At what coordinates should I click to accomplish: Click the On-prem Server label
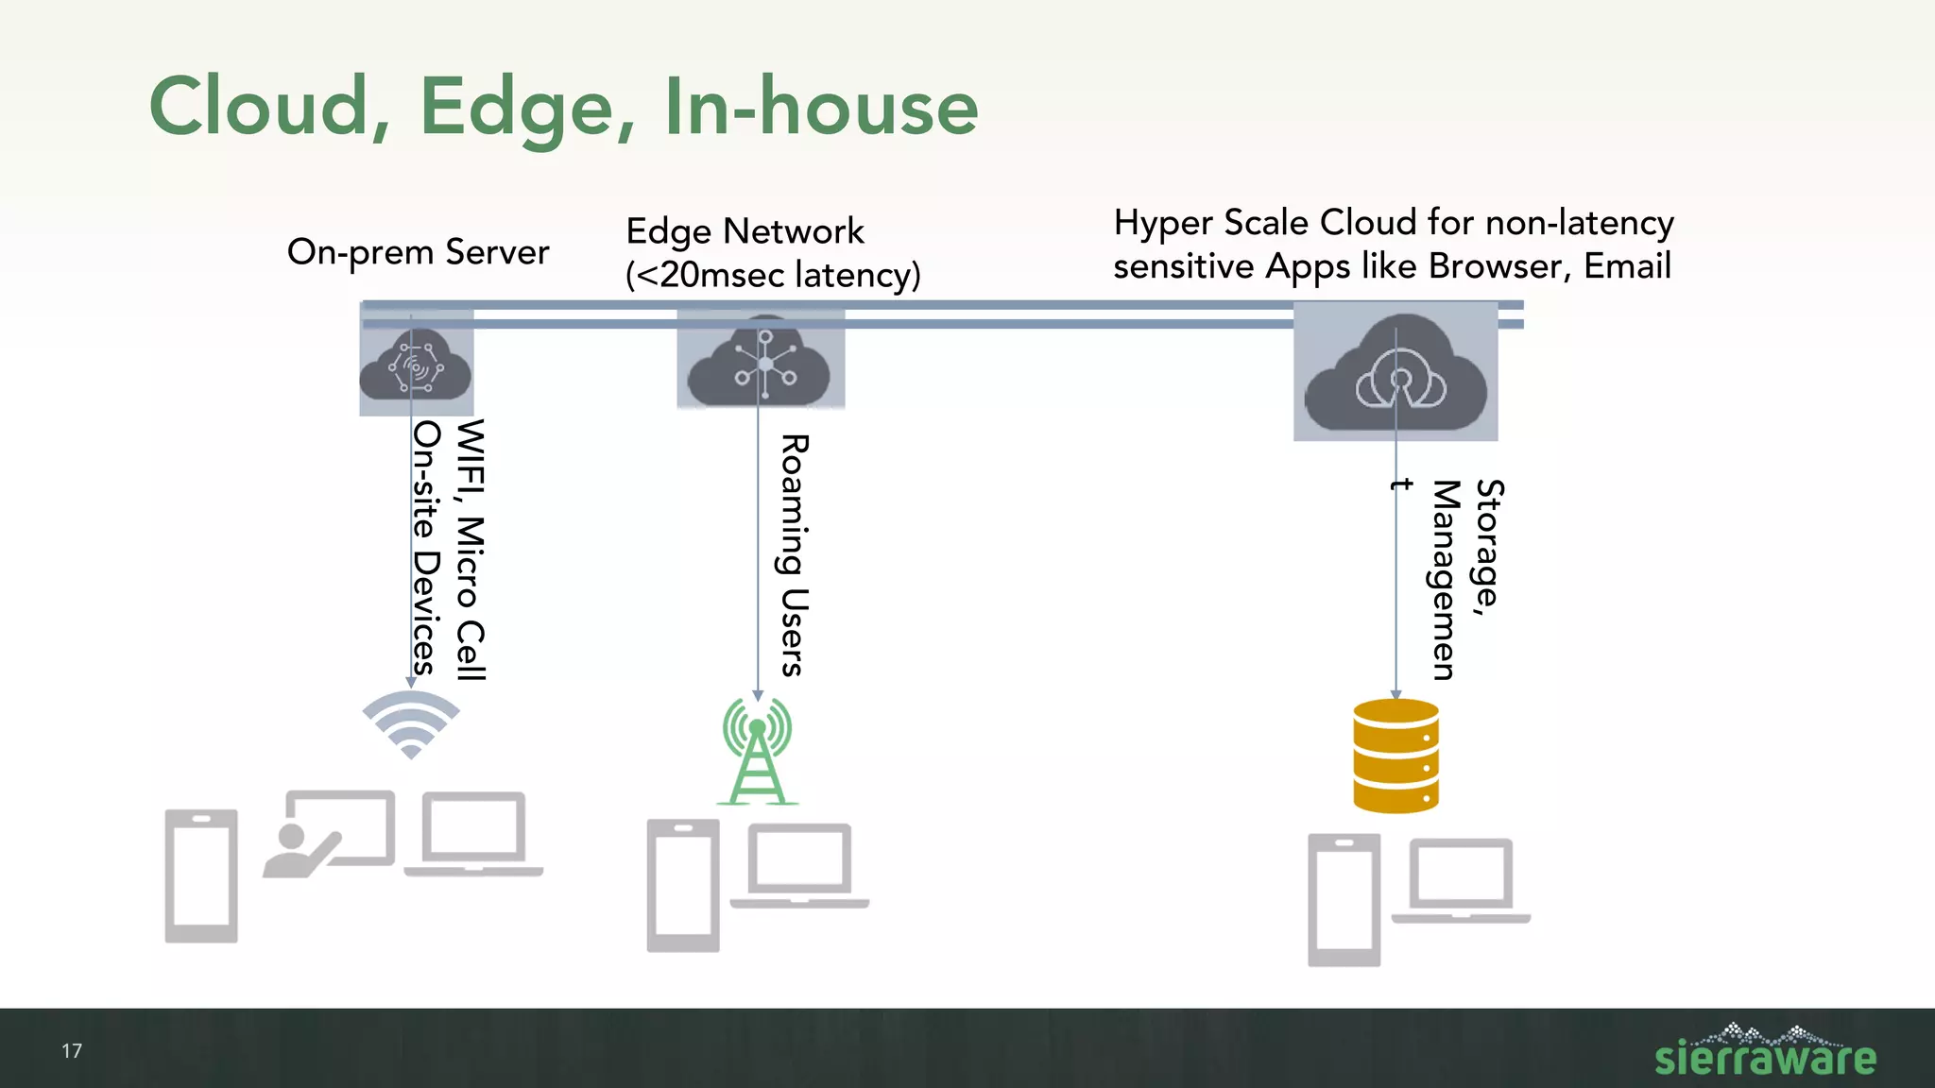coord(418,252)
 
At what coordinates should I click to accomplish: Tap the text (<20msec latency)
coord(772,275)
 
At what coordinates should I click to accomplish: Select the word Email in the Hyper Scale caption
coord(1627,266)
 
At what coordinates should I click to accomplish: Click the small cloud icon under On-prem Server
coord(416,365)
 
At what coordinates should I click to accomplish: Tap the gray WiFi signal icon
coord(411,722)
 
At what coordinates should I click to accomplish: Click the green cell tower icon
coord(757,751)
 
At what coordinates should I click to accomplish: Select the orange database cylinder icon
coord(1396,756)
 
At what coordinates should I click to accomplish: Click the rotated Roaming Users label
coord(793,555)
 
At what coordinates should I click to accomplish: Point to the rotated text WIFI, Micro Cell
coord(470,550)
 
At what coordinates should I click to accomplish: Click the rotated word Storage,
coord(1488,548)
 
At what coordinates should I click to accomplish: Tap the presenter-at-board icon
coord(329,833)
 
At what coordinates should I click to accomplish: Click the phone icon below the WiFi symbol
coord(201,875)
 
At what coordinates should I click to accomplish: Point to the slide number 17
coord(72,1051)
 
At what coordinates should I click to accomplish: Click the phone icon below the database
coord(1344,900)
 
